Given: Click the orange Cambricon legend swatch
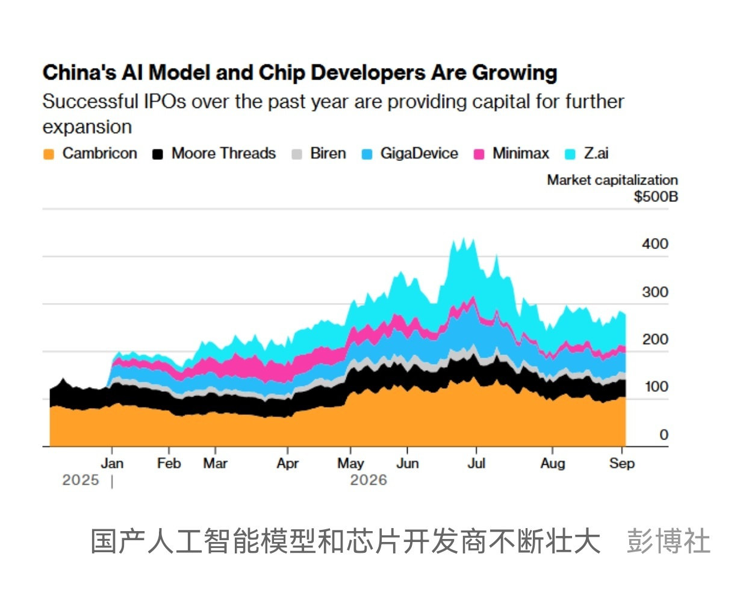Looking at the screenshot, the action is (x=49, y=154).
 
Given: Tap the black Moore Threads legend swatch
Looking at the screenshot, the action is (x=158, y=154).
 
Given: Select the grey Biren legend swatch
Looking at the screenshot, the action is (x=297, y=154).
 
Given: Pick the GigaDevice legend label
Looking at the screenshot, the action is (x=419, y=153).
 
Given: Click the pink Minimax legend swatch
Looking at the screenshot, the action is (x=479, y=154).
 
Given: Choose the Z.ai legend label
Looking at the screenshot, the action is (x=596, y=153).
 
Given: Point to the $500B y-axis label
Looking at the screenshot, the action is (x=656, y=197).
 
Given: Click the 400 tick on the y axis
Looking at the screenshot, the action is (x=655, y=244).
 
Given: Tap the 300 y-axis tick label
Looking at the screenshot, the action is (x=655, y=292).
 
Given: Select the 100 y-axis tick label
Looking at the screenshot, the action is (x=656, y=386).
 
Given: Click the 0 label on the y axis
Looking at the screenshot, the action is (x=664, y=435).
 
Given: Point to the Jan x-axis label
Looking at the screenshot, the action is (x=112, y=464).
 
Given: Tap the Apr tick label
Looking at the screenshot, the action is (x=288, y=464).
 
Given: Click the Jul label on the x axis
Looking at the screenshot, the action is (x=476, y=464).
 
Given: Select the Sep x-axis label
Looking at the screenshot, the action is (x=622, y=464).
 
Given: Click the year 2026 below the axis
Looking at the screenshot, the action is (x=368, y=480).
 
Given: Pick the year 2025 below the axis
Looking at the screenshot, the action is (x=81, y=480).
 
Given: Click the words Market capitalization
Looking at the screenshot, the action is (x=612, y=180).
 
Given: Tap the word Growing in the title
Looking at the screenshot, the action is (x=515, y=74).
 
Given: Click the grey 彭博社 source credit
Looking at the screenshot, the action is (x=668, y=541).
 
